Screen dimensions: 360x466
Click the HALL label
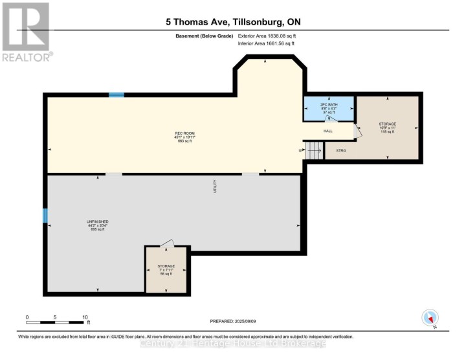click(x=328, y=131)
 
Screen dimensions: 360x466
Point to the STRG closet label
click(x=340, y=151)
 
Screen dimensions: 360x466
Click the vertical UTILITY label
click(x=215, y=186)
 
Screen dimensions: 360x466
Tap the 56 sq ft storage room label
click(x=166, y=270)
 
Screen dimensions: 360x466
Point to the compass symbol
click(x=430, y=318)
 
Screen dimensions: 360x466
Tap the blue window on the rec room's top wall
click(x=116, y=95)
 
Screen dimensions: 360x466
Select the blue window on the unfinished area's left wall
click(x=45, y=215)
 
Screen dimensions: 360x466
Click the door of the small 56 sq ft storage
click(x=167, y=243)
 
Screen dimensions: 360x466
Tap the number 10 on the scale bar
click(x=85, y=317)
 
